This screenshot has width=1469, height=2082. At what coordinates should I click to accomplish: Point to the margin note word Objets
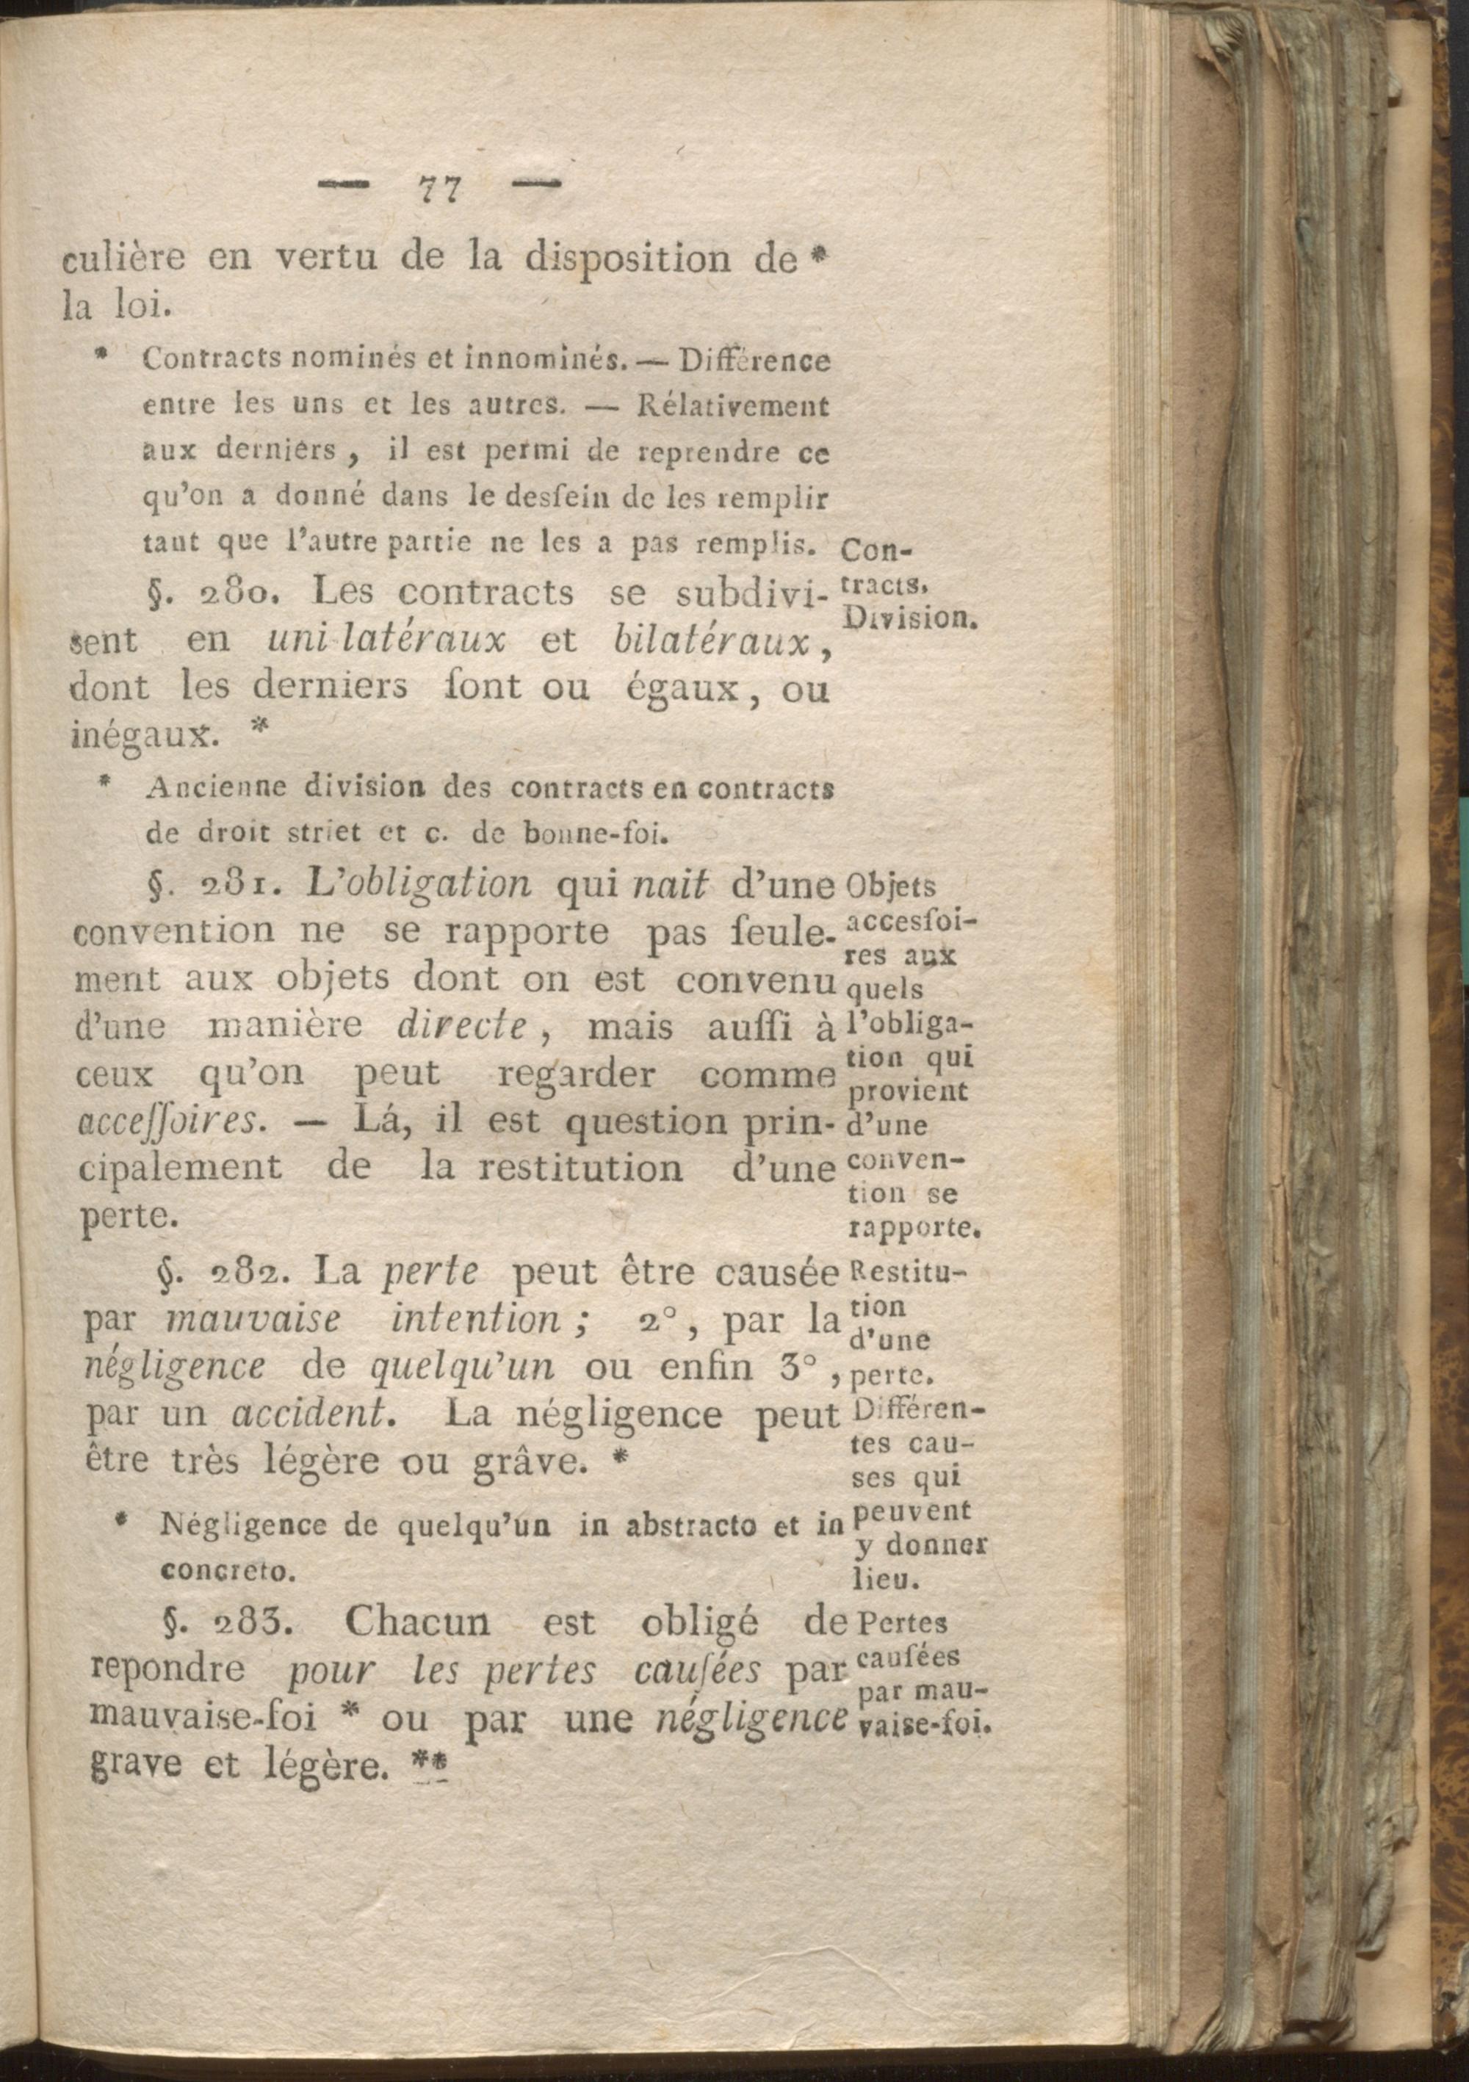pyautogui.click(x=882, y=885)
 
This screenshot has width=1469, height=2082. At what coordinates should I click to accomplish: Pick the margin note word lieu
pyautogui.click(x=887, y=1580)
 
